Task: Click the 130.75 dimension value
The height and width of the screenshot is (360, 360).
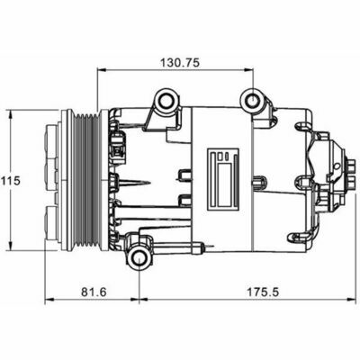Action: pyautogui.click(x=180, y=63)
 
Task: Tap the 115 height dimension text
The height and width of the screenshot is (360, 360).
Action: pyautogui.click(x=10, y=181)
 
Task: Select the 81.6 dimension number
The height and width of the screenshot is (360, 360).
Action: pyautogui.click(x=94, y=292)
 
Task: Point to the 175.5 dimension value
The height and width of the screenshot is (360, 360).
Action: pyautogui.click(x=263, y=292)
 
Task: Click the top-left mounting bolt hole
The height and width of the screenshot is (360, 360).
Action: pyautogui.click(x=166, y=101)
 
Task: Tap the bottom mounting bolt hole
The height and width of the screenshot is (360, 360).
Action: pyautogui.click(x=139, y=258)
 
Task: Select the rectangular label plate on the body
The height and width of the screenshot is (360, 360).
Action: pyautogui.click(x=222, y=179)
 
